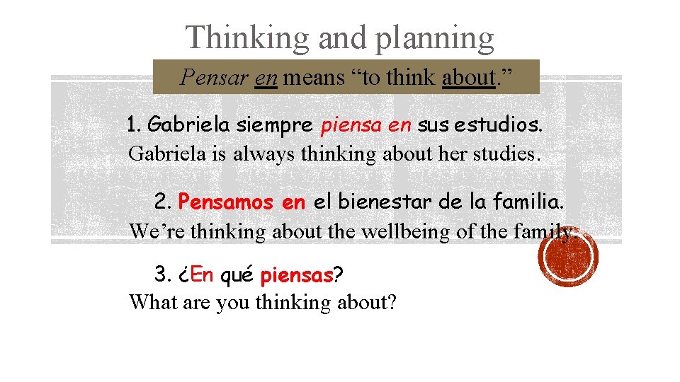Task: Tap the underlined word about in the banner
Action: [467, 76]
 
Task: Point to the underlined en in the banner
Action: [266, 78]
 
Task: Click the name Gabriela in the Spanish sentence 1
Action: [189, 126]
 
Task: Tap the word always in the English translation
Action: [261, 154]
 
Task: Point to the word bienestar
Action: [372, 202]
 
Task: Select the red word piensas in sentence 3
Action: [297, 274]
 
